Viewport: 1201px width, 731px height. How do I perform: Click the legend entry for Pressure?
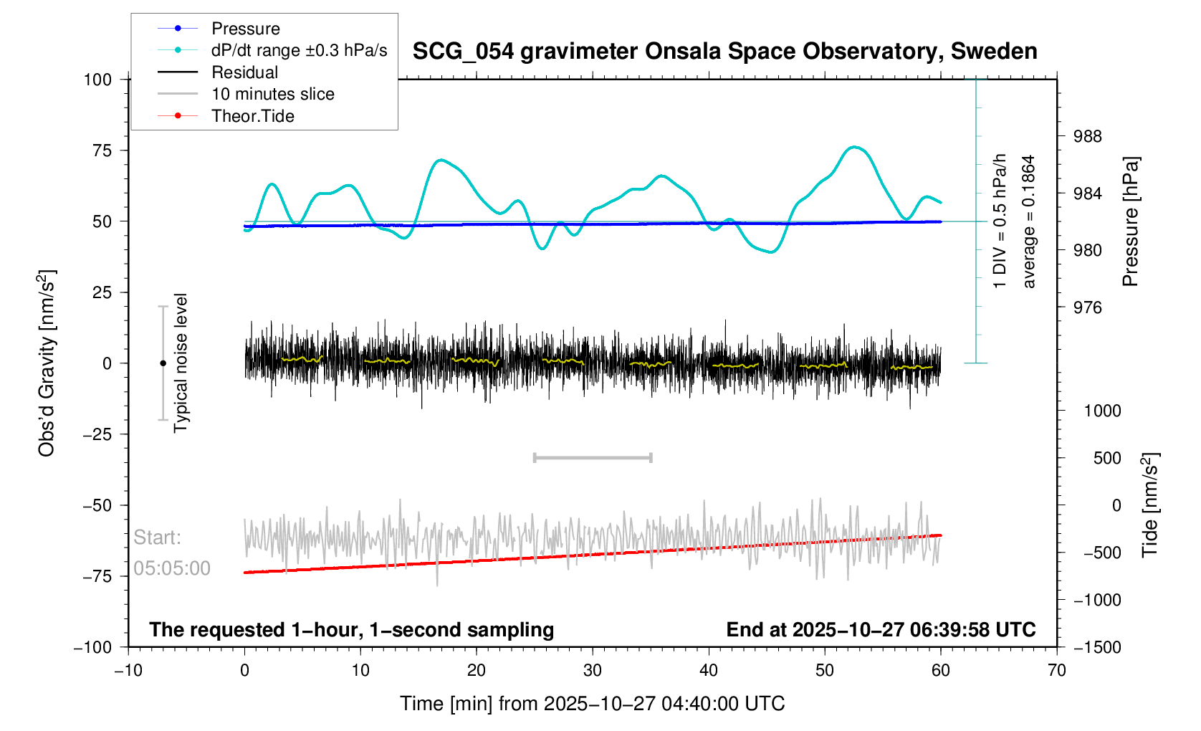(x=245, y=29)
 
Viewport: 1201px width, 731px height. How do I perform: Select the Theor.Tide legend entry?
(x=252, y=116)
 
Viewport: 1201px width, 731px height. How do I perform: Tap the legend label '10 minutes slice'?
(x=272, y=94)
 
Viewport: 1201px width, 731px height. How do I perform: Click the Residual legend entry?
(x=244, y=72)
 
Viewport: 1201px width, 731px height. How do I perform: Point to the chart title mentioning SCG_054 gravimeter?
(x=724, y=52)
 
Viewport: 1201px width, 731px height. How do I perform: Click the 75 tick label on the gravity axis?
(x=97, y=150)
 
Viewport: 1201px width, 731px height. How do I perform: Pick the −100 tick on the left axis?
(x=93, y=647)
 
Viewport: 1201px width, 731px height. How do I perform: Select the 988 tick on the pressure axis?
(x=1087, y=137)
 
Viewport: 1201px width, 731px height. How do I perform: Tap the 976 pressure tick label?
(x=1087, y=307)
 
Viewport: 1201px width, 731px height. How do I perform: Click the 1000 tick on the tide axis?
(x=1102, y=411)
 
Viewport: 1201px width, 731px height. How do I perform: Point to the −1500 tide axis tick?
(x=1097, y=647)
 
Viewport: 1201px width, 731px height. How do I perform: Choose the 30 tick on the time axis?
(x=593, y=671)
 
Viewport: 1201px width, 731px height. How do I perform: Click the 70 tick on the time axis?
(x=1056, y=671)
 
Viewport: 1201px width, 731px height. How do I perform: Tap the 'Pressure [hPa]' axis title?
(x=1131, y=222)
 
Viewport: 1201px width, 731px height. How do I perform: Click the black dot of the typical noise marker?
(x=163, y=363)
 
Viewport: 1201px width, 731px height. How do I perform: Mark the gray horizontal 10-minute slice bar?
(x=593, y=457)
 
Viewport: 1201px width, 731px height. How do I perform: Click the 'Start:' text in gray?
(x=157, y=537)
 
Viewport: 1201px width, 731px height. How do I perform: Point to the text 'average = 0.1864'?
(x=1029, y=222)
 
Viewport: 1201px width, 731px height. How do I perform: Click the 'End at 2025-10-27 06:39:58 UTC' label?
(x=881, y=630)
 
